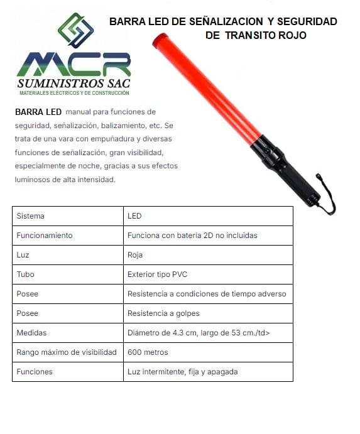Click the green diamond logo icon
75,31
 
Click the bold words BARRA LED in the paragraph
38,112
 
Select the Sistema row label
31,216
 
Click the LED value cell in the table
134,216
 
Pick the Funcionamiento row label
45,236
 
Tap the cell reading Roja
135,255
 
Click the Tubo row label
26,274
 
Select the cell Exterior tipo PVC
157,274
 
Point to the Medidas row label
32,333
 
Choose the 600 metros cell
148,352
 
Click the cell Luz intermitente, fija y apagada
182,372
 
